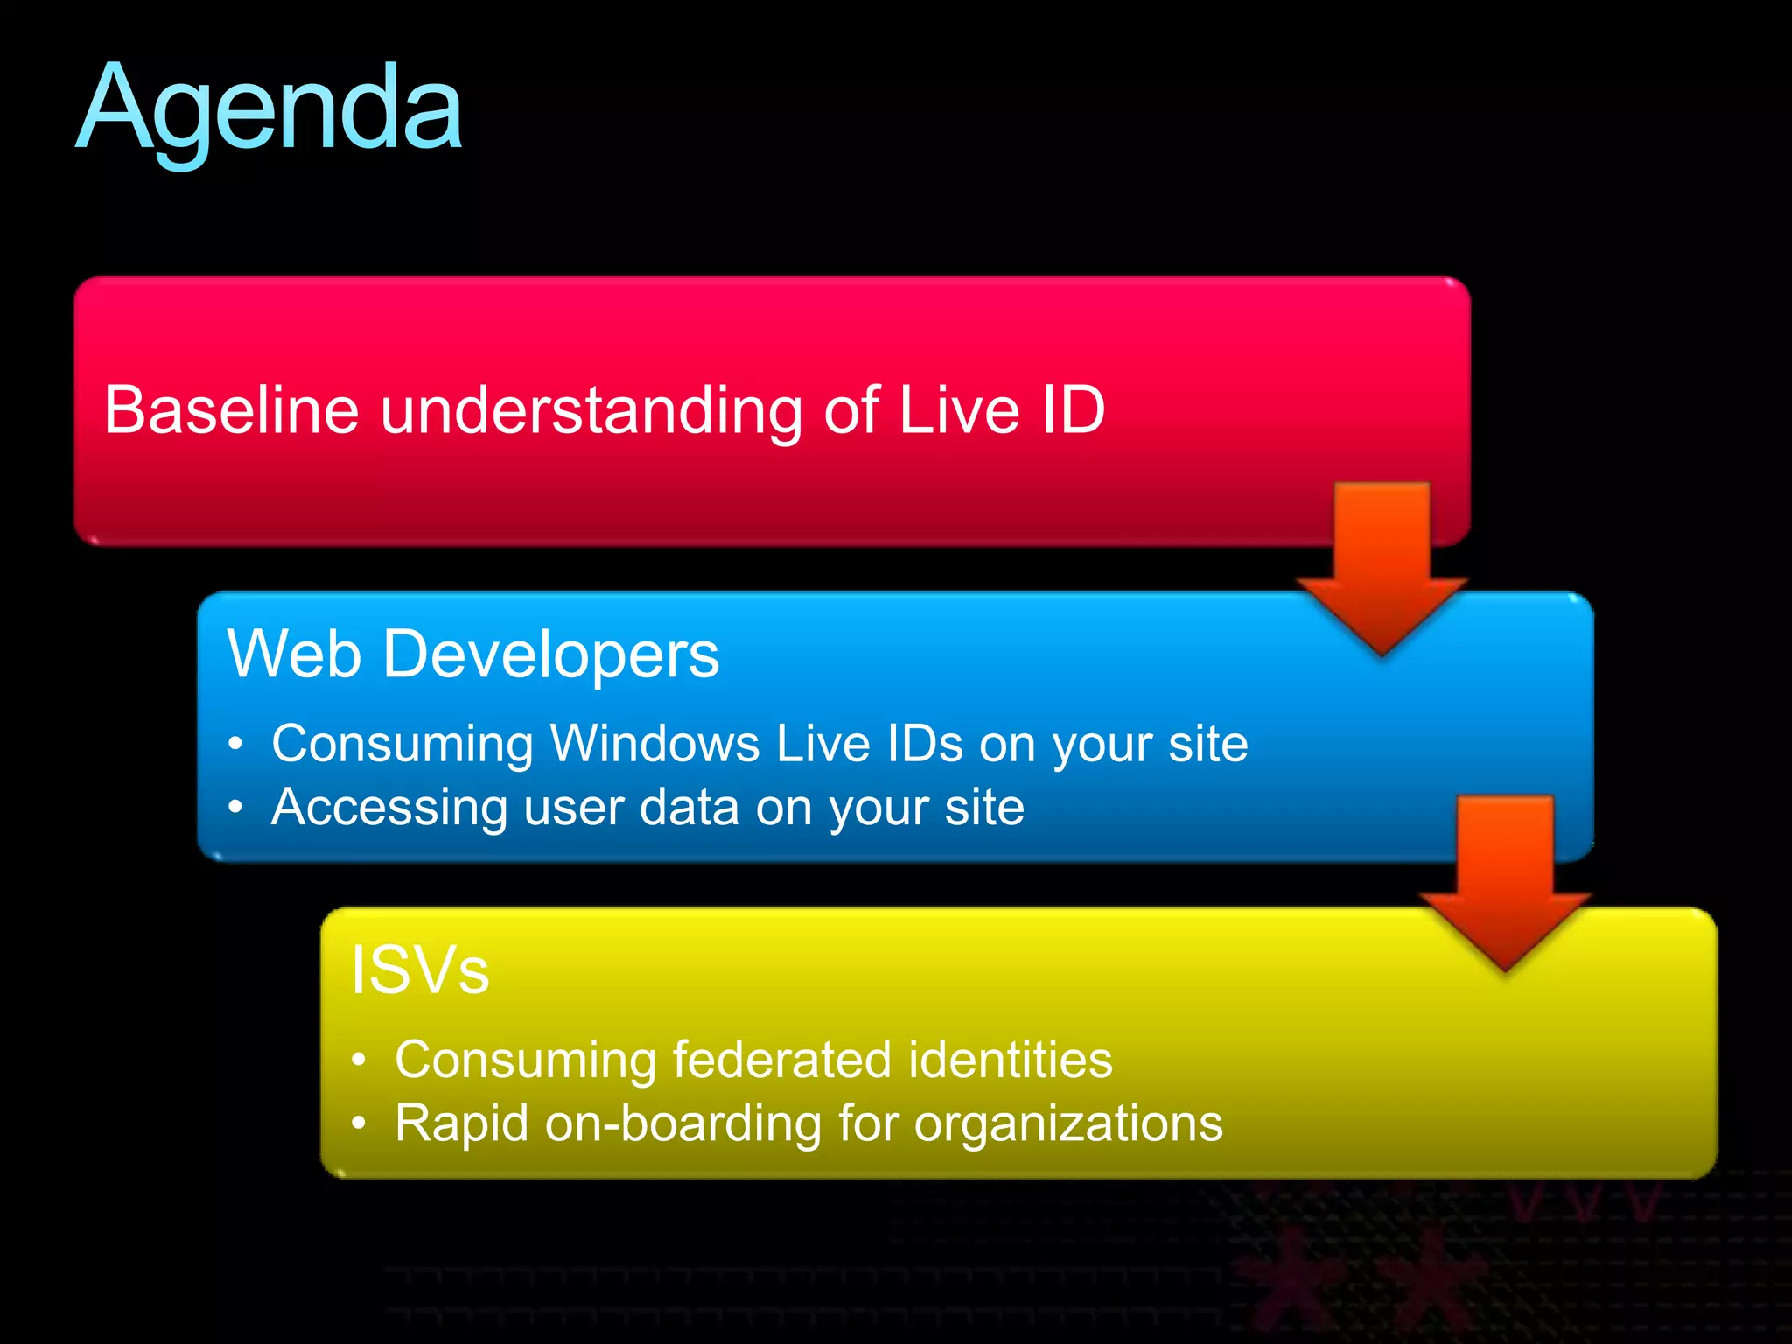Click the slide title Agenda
point(269,109)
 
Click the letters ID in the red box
point(1073,409)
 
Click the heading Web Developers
point(472,654)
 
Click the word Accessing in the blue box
point(388,807)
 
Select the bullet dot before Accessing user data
point(234,807)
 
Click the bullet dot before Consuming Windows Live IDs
point(234,744)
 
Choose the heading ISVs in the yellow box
point(419,969)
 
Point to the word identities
point(1011,1060)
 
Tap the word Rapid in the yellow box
point(461,1123)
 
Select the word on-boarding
point(682,1123)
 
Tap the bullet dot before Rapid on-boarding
point(358,1123)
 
